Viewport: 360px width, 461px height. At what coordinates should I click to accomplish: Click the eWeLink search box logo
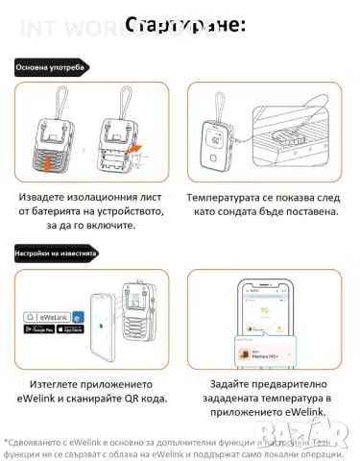pyautogui.click(x=48, y=313)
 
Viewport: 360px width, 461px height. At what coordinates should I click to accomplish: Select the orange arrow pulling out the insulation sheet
pyautogui.click(x=136, y=147)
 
